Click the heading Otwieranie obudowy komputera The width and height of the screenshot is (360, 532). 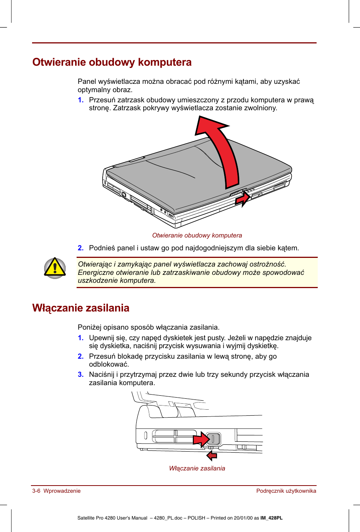(x=112, y=62)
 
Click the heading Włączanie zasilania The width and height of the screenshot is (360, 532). (x=81, y=308)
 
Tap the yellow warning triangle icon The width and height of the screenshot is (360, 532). (x=55, y=268)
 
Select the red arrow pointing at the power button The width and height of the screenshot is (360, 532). (x=200, y=439)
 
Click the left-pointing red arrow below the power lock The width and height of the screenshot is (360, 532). (x=212, y=456)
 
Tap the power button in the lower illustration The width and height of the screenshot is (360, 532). (x=213, y=439)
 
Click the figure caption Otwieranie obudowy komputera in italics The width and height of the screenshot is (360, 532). (x=197, y=236)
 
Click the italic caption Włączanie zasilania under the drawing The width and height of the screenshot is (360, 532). (x=197, y=469)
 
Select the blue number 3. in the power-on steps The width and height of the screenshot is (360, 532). (x=81, y=375)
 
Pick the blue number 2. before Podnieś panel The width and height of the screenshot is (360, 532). (x=81, y=248)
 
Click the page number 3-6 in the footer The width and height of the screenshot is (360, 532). (x=36, y=491)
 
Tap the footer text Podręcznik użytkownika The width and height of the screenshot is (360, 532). (x=286, y=491)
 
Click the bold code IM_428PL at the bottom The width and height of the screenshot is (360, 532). (x=271, y=518)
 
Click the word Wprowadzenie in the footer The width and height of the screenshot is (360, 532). (x=62, y=491)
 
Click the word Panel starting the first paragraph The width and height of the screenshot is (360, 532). (x=86, y=82)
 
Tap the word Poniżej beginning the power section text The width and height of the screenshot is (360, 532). (x=89, y=327)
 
